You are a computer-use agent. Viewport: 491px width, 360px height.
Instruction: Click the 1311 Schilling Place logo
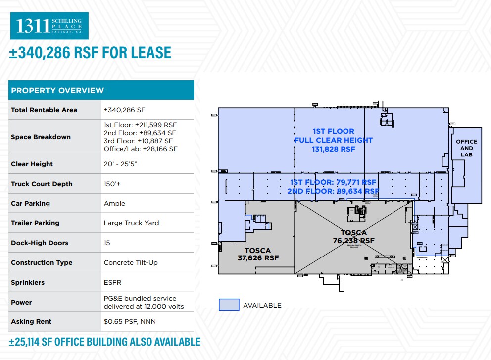point(49,26)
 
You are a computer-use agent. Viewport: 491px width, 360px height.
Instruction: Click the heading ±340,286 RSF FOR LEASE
point(90,53)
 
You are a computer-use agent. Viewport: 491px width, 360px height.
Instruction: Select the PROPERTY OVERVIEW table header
point(57,90)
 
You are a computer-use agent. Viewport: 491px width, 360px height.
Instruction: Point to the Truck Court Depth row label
point(42,184)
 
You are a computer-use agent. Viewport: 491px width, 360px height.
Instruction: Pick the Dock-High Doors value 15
point(107,243)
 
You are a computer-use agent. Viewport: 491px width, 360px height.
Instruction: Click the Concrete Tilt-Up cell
point(131,262)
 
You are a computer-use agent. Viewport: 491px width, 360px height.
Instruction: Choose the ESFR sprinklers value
point(112,282)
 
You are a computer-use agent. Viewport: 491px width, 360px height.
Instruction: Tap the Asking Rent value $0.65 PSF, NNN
point(130,321)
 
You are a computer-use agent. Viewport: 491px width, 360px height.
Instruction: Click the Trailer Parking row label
point(35,223)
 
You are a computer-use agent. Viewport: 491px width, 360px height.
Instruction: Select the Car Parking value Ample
point(114,203)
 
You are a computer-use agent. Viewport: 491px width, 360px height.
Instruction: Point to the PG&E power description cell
point(144,302)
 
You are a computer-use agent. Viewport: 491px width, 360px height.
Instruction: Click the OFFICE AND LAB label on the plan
point(466,148)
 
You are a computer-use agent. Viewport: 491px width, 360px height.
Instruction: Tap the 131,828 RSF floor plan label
point(333,149)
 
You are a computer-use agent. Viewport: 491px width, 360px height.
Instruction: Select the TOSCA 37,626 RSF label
point(258,254)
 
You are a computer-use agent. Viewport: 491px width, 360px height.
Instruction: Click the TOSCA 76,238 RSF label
point(353,237)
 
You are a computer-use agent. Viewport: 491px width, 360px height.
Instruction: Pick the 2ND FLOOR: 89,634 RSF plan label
point(333,191)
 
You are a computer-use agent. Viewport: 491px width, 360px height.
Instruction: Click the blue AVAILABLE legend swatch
point(229,305)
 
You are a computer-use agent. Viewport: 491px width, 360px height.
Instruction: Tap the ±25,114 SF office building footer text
point(104,342)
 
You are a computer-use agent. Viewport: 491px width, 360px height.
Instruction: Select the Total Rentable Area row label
point(44,110)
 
